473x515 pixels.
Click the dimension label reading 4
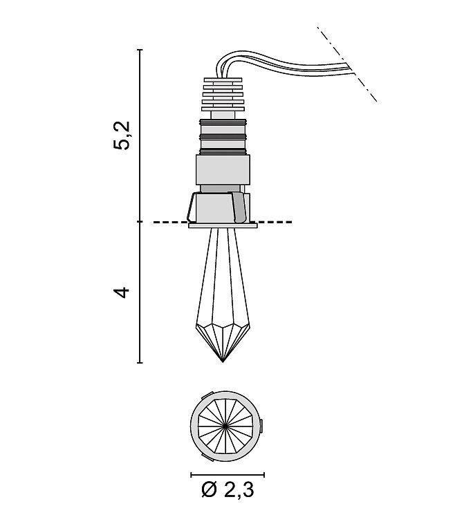pyautogui.click(x=122, y=292)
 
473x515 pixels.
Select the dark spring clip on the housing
pyautogui.click(x=240, y=207)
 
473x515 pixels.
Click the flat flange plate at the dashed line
pyautogui.click(x=223, y=224)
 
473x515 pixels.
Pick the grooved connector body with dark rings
pyautogui.click(x=223, y=135)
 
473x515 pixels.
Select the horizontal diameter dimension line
pyautogui.click(x=227, y=474)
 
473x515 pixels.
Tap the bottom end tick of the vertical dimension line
pyautogui.click(x=140, y=362)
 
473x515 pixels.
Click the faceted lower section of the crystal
pyautogui.click(x=223, y=339)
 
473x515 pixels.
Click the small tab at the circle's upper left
pyautogui.click(x=202, y=397)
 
